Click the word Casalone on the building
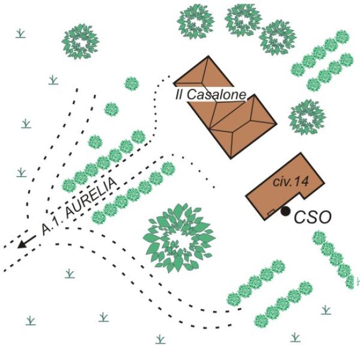(217, 94)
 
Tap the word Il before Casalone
(179, 94)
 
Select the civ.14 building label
(290, 182)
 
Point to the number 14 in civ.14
(301, 182)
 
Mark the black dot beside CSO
(286, 211)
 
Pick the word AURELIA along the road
(91, 199)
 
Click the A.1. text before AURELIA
(50, 226)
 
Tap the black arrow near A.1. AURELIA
(26, 242)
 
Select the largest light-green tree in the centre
(179, 238)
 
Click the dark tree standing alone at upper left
(80, 42)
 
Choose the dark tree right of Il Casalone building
(307, 117)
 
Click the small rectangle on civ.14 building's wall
(271, 212)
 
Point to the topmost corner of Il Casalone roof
(208, 56)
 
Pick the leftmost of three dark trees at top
(196, 22)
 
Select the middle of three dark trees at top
(244, 20)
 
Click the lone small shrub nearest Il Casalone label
(131, 83)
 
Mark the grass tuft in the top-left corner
(20, 33)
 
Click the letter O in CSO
(324, 218)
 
